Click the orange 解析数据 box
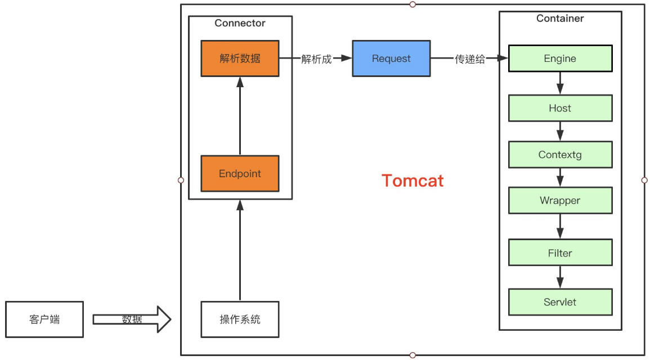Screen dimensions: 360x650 [240, 58]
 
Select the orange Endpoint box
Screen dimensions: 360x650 [240, 174]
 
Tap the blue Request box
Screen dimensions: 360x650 [391, 58]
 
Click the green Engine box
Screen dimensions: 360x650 [560, 58]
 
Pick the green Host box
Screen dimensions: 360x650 [560, 108]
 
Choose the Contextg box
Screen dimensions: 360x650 [560, 155]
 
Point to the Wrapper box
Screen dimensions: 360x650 [560, 200]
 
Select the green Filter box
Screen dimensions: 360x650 [560, 253]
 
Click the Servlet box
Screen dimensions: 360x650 [560, 302]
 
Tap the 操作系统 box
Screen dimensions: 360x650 [240, 319]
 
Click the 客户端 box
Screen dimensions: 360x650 [44, 319]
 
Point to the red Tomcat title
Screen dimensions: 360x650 [413, 181]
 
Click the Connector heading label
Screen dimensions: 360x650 [240, 23]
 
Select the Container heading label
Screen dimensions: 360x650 [560, 19]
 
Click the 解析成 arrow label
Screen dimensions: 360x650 [316, 59]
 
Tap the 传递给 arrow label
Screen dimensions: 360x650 [470, 59]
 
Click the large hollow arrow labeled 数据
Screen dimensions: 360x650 [132, 319]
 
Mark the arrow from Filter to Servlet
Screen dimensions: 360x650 [560, 277]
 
